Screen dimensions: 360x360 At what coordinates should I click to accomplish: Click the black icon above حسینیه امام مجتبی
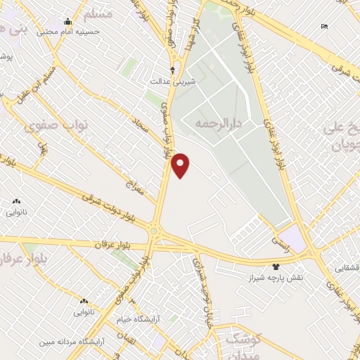click(67, 21)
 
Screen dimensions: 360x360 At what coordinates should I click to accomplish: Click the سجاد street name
click(143, 127)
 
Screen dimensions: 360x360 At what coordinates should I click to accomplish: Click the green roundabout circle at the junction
click(153, 231)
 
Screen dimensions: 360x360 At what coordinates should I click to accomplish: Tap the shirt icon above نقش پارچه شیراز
click(276, 266)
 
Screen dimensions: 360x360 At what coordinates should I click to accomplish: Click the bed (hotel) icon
click(323, 26)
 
